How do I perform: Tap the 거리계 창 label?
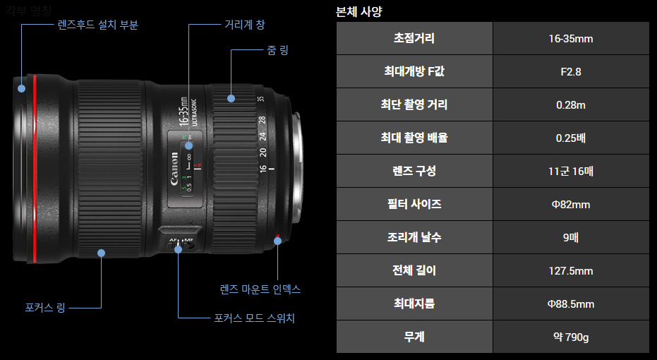[244, 25]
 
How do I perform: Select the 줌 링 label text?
[277, 50]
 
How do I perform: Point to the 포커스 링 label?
[45, 308]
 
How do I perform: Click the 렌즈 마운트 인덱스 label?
[260, 289]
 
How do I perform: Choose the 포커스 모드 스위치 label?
[254, 318]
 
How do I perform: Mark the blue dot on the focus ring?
[102, 252]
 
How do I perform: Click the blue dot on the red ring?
[22, 89]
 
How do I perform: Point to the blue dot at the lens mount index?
[277, 241]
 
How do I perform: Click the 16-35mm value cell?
[570, 38]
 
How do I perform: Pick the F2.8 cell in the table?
[570, 71]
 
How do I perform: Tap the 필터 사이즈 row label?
[414, 204]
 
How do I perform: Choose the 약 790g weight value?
[570, 337]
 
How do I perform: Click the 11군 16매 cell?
[570, 171]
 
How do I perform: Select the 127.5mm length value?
[570, 270]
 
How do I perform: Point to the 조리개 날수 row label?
[414, 237]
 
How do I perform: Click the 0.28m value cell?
[570, 104]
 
